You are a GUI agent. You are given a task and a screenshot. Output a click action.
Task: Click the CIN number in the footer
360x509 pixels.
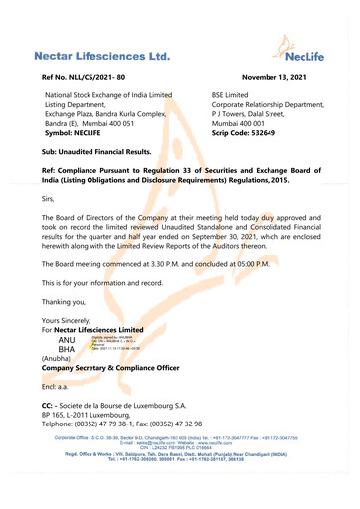pyautogui.click(x=179, y=477)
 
